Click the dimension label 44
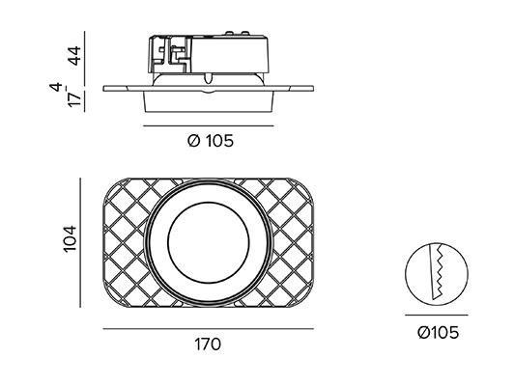coord(75,56)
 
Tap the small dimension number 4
coord(57,87)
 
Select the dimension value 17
coord(74,99)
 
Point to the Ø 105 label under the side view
coord(211,141)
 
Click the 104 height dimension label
coord(70,238)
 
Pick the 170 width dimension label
coord(208,345)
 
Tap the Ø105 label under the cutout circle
coord(438,333)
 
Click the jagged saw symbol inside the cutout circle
coord(437,272)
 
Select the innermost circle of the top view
coord(209,203)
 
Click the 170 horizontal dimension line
coord(209,329)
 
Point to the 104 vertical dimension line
coord(80,242)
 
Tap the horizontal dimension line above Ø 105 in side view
coord(209,125)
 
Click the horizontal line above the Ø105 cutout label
coord(437,316)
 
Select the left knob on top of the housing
coord(228,33)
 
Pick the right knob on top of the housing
coord(244,33)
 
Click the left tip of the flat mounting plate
coord(103,89)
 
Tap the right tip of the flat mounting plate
coord(313,89)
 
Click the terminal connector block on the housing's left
coord(170,55)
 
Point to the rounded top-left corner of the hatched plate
coord(110,185)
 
